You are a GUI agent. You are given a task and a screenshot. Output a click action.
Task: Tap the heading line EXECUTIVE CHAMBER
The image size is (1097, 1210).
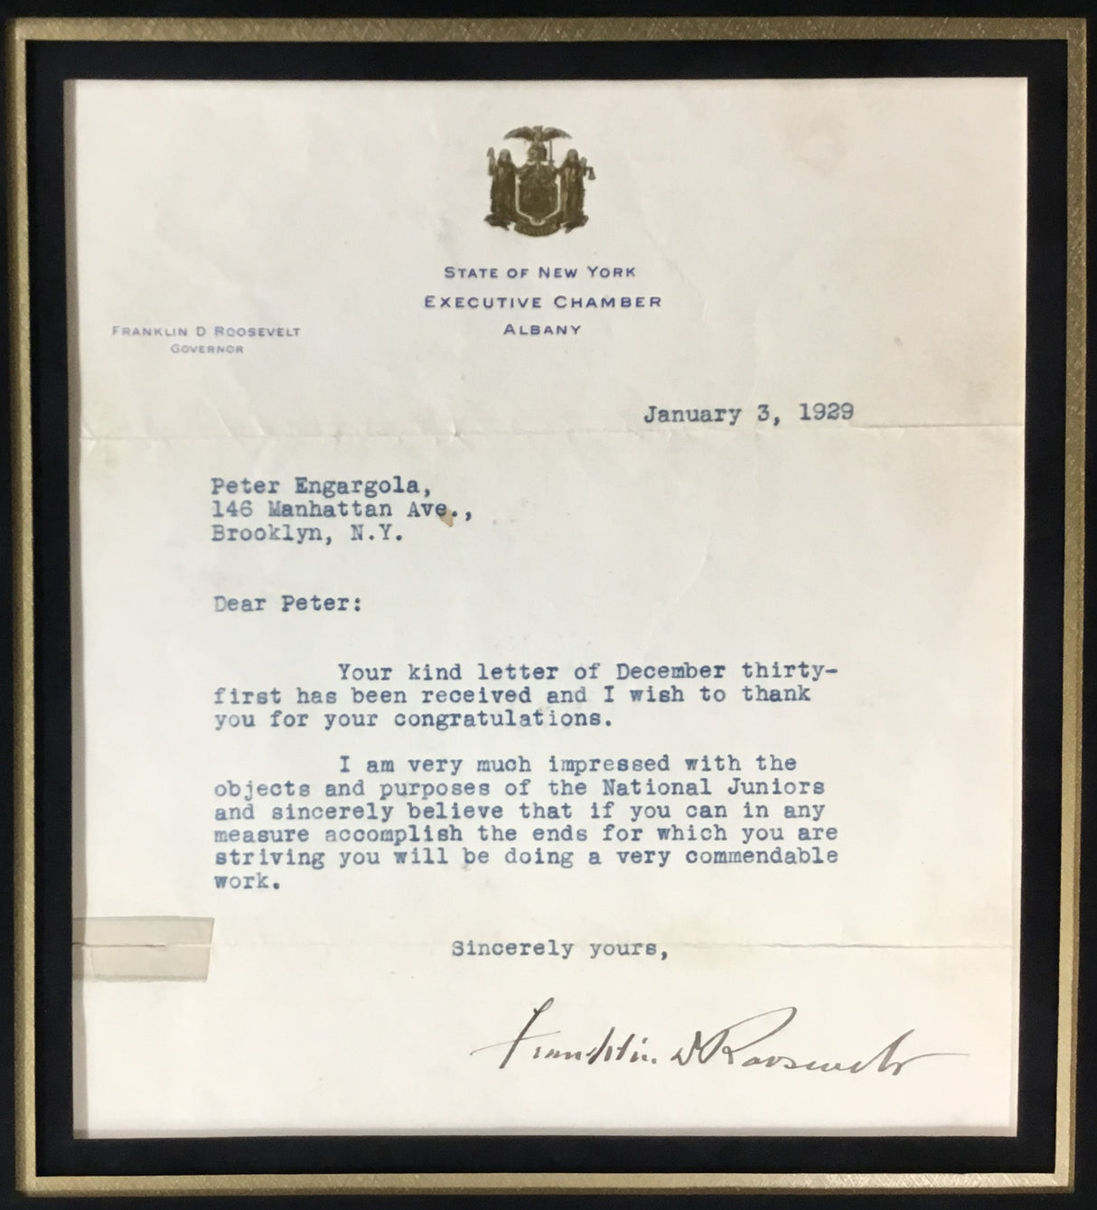tap(543, 301)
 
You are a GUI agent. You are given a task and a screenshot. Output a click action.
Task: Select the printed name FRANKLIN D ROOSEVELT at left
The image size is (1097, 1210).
tap(205, 332)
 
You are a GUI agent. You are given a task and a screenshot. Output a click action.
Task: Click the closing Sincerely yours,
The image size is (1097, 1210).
tap(559, 950)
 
